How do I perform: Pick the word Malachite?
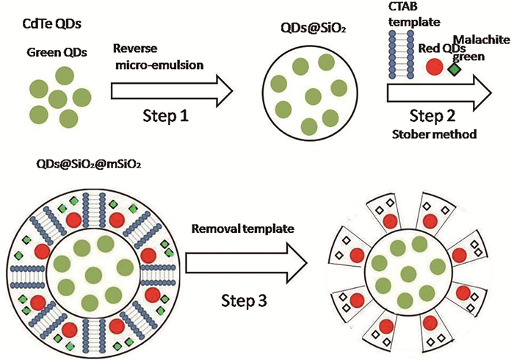481,38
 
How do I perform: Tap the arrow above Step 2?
440,93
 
